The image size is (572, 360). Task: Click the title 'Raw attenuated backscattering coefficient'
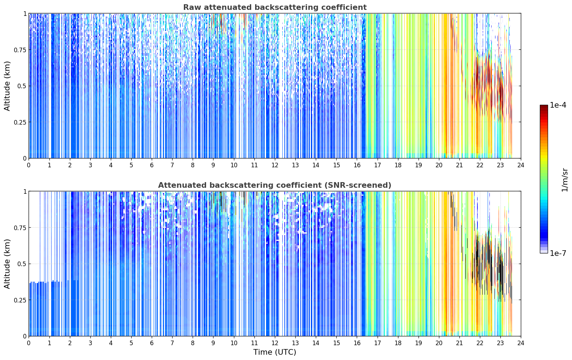pos(275,7)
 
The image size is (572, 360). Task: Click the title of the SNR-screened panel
pos(275,185)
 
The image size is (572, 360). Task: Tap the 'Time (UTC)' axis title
pos(275,352)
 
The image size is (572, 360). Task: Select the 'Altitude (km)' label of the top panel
pos(7,86)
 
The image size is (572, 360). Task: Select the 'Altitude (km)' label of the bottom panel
pos(7,264)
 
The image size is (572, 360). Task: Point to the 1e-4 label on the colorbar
pos(558,105)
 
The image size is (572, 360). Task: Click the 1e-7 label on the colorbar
pos(558,253)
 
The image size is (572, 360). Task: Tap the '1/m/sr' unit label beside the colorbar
pos(564,180)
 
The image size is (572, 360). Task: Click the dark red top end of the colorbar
pos(544,106)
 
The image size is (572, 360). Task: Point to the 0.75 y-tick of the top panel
pos(20,50)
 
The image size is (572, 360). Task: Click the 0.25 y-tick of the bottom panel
pos(20,300)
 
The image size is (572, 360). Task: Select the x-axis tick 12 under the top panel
pos(275,165)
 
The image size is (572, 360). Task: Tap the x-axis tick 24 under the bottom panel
pos(521,343)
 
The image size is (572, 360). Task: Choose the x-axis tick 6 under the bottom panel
pos(152,343)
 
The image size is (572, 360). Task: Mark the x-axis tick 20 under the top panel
pos(439,165)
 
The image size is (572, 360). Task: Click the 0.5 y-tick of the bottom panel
pos(22,264)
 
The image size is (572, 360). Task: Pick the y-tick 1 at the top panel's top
pos(25,14)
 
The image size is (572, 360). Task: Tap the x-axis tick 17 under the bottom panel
pos(378,343)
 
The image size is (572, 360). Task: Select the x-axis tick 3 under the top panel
pos(90,165)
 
